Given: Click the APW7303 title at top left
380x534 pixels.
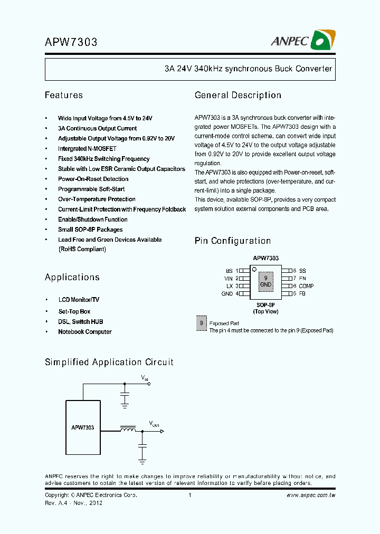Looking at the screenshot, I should tap(71, 42).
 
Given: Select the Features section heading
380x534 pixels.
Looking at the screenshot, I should tap(63, 96).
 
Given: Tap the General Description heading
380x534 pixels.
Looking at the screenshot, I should tap(237, 96).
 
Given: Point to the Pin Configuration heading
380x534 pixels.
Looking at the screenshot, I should tap(232, 241).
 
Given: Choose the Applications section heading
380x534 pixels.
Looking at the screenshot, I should tap(72, 278).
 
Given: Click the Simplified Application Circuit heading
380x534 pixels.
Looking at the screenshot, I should tap(109, 363).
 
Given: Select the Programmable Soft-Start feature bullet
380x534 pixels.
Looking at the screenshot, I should tap(91, 189).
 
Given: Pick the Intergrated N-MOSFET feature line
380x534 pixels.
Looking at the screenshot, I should tap(87, 149).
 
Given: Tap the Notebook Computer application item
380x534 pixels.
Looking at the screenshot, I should tap(84, 332).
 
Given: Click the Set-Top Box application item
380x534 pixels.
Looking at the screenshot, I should tap(74, 311).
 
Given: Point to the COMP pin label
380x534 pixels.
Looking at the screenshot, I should tap(306, 286).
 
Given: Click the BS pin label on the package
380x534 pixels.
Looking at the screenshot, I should tap(229, 270).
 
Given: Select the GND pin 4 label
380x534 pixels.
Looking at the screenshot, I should tap(227, 293).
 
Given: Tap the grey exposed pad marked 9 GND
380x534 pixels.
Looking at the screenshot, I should tap(265, 281).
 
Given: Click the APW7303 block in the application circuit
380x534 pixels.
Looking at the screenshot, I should tap(82, 427).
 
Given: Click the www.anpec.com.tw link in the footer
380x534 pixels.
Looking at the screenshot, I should tap(311, 495).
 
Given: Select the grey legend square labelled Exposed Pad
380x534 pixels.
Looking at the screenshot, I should tap(201, 323).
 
